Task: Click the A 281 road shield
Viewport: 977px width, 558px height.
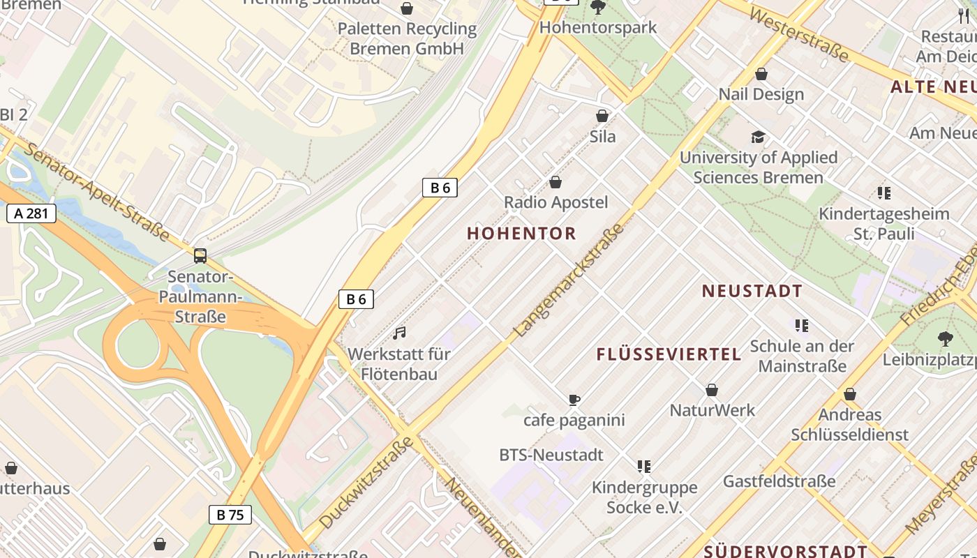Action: pos(31,213)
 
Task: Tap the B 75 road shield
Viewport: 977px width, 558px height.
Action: pos(230,515)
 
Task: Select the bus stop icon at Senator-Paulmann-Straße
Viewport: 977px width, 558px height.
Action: pos(200,256)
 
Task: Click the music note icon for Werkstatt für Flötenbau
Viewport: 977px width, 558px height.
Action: pos(399,333)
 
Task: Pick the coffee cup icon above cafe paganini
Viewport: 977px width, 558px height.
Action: pos(574,400)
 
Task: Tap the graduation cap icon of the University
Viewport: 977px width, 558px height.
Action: pos(758,137)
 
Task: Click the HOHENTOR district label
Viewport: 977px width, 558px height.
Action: pos(521,234)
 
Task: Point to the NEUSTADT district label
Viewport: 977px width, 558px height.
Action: pos(752,292)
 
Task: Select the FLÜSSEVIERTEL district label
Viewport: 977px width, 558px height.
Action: pos(669,354)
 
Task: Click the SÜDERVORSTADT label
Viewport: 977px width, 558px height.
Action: pos(784,552)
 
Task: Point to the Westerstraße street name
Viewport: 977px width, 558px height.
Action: pos(800,34)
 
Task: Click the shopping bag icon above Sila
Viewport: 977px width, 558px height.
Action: pos(602,116)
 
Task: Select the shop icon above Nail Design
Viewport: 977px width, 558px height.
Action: pos(761,74)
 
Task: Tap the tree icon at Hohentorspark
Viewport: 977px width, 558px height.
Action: pos(597,8)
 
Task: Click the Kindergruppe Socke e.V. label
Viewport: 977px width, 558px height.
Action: pos(644,497)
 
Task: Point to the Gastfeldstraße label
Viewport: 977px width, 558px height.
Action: pos(779,481)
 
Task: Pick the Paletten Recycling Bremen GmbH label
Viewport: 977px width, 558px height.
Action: pos(407,38)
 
